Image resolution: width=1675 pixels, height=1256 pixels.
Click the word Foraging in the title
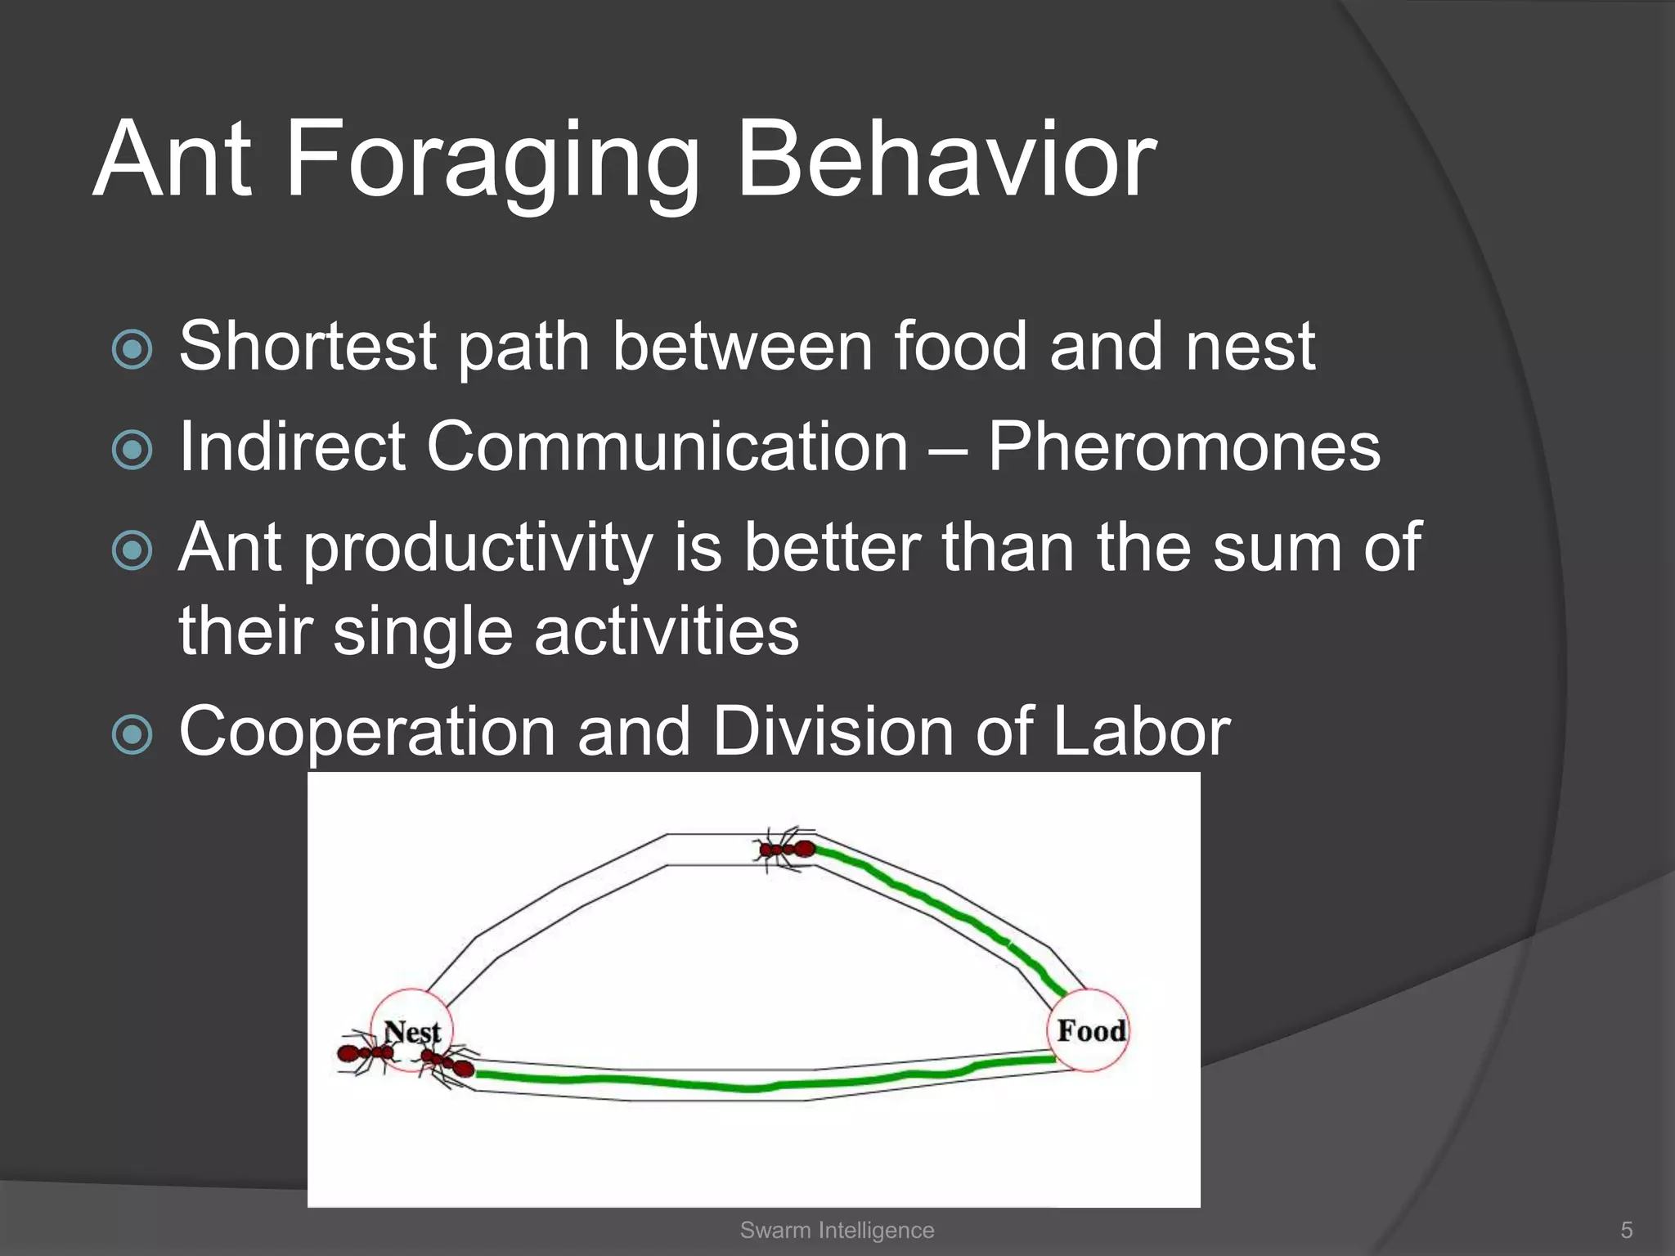(491, 161)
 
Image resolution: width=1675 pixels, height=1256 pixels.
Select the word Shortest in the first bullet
(307, 347)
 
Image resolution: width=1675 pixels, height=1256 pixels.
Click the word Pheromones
(1183, 447)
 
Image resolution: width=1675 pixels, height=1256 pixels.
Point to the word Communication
(667, 447)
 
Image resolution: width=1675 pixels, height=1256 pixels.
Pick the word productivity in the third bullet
(478, 549)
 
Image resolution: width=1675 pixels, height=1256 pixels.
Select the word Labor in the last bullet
(1141, 731)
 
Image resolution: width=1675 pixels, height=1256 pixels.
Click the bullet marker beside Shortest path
(132, 350)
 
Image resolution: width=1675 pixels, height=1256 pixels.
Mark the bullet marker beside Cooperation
(132, 734)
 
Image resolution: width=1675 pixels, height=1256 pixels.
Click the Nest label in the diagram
(412, 1032)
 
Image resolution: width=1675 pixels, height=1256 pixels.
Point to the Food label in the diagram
(1090, 1030)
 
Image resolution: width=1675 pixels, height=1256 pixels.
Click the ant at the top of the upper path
(785, 850)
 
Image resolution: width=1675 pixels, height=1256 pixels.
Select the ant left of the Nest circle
(363, 1053)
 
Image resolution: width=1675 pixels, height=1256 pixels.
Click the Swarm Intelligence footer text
(837, 1230)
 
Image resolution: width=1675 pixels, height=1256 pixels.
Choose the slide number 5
(1626, 1230)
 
